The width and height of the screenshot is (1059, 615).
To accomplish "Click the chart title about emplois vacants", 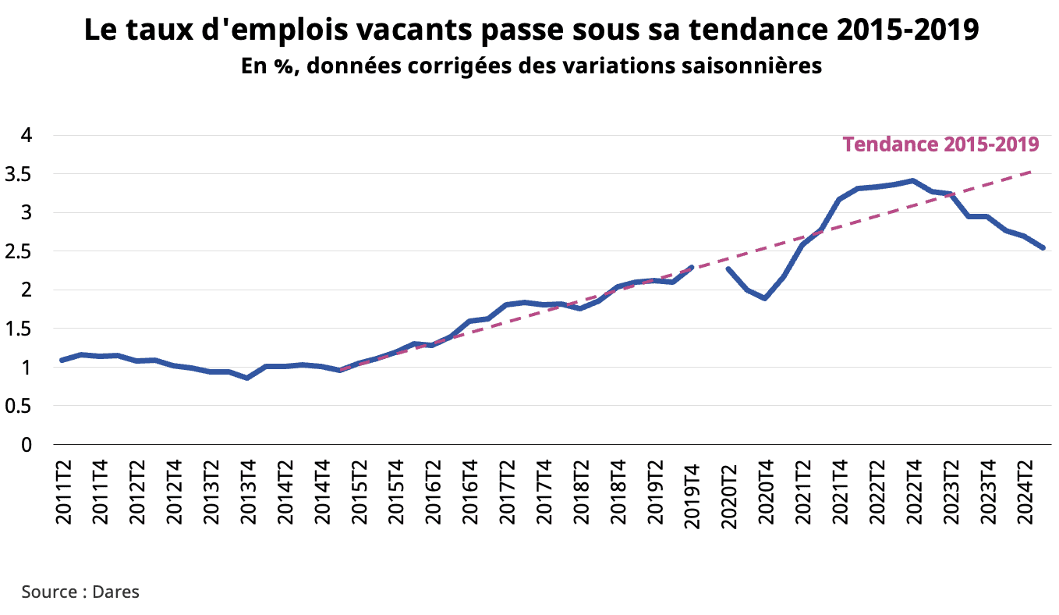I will [531, 30].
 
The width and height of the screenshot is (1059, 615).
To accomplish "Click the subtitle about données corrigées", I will [531, 66].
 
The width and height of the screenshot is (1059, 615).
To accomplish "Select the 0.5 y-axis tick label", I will [26, 406].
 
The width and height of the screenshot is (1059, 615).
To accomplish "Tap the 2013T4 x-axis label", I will [246, 489].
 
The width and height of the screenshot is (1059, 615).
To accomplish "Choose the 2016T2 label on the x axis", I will [432, 489].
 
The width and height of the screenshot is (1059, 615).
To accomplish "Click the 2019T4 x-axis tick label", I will [692, 489].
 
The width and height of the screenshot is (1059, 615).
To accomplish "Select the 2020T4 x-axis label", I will [766, 489].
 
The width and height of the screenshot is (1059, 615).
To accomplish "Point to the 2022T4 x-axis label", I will [914, 489].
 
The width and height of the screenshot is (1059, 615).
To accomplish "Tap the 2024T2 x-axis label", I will [1026, 489].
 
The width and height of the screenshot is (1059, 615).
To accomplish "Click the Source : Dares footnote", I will [80, 592].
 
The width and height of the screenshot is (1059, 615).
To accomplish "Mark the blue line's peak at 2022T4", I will [912, 181].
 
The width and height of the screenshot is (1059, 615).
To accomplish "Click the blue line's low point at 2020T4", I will [765, 298].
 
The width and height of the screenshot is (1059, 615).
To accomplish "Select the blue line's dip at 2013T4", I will [247, 378].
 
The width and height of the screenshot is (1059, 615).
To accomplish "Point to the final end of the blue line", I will [1043, 248].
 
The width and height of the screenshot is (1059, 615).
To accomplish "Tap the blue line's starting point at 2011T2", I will [62, 360].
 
